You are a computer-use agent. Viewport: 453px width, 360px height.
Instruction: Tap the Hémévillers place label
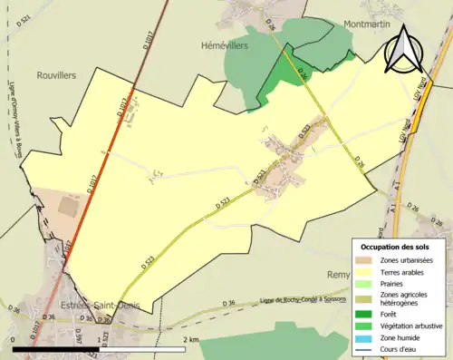pos(221,43)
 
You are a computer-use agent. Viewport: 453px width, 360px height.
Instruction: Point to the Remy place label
pos(338,272)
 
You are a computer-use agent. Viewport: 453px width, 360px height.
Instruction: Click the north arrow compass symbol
pos(403,50)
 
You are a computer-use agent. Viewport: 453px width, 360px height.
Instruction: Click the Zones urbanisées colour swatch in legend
pos(363,261)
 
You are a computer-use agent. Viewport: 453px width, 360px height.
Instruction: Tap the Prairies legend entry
pos(395,283)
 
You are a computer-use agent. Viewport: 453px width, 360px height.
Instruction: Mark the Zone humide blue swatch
pos(363,333)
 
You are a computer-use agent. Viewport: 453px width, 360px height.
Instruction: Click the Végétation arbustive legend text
pos(413,322)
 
